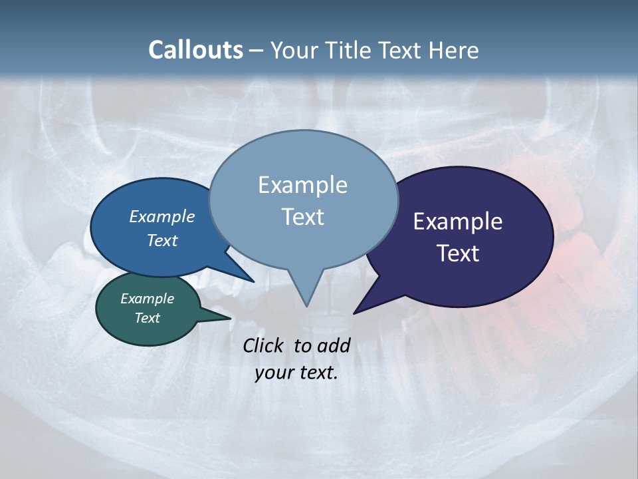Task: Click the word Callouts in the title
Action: coord(195,50)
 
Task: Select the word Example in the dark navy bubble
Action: coord(458,222)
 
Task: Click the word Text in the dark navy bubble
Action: coord(458,253)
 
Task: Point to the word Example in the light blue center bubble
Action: coord(302,185)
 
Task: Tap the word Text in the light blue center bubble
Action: coord(302,217)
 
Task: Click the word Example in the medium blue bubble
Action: coord(162,217)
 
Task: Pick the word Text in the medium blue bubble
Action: coord(162,240)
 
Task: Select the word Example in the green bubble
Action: coord(147,299)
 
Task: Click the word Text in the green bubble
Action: coord(147,318)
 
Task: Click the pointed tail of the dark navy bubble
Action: coord(357,311)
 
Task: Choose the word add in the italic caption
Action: coord(333,345)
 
